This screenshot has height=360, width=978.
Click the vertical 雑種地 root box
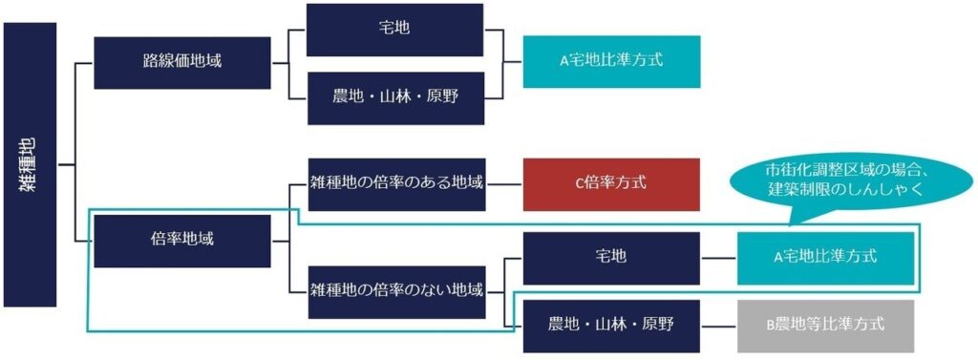pos(30,164)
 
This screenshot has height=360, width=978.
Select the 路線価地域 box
pos(181,62)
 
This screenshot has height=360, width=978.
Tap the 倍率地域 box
pos(181,239)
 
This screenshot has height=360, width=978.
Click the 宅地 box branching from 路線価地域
pos(394,29)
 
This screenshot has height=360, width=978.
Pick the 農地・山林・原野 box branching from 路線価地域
pos(394,97)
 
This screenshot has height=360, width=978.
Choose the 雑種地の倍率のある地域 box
pos(396,183)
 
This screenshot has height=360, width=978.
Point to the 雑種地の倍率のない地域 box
pos(396,288)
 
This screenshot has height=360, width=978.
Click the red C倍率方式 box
pos(610,183)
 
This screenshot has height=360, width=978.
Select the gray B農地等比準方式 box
pos(825,325)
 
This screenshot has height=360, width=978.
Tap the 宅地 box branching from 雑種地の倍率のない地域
pos(610,258)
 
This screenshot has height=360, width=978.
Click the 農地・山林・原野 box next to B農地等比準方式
pos(610,325)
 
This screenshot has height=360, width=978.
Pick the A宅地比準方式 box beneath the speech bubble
pos(825,258)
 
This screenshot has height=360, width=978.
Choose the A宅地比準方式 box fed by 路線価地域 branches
pos(610,61)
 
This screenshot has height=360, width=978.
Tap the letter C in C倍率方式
pos(579,183)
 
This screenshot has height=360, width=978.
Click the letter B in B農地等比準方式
pos(772,325)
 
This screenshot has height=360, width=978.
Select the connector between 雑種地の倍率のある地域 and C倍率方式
pos(504,183)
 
